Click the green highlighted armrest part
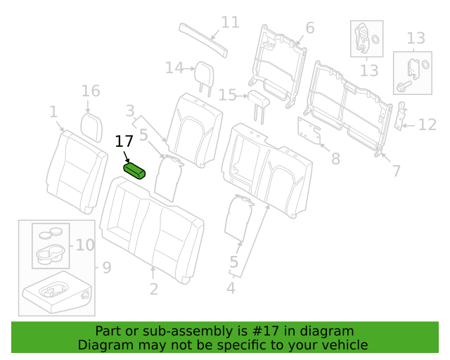tap(134, 171)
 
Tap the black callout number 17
tap(124, 141)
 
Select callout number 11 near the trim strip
tap(231, 22)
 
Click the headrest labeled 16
tap(91, 127)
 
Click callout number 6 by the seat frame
tap(310, 28)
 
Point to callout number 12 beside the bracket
tap(427, 124)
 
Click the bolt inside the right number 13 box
tap(404, 86)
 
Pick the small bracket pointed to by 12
tap(401, 115)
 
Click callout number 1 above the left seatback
tap(53, 112)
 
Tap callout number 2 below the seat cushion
tap(154, 289)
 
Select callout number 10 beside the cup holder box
tap(85, 245)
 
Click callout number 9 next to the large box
tap(107, 268)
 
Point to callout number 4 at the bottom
tap(231, 288)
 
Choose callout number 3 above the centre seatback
tap(130, 111)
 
